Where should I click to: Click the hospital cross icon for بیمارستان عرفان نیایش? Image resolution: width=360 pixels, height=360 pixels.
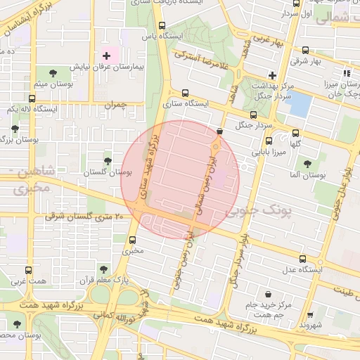point(106,56)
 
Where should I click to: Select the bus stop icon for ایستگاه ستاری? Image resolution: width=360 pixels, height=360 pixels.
point(185,93)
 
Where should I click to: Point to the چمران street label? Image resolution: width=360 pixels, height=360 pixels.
point(113,105)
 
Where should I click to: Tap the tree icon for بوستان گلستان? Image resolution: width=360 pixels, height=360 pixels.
point(108,161)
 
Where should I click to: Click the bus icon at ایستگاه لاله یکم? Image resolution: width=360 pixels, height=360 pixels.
point(32,99)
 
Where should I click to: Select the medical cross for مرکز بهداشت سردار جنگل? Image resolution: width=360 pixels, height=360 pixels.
point(272,75)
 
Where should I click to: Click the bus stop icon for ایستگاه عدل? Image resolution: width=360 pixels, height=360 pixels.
point(303,259)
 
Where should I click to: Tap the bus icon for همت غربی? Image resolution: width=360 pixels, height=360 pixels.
point(28,270)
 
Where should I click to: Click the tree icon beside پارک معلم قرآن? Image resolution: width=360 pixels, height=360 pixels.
point(103,269)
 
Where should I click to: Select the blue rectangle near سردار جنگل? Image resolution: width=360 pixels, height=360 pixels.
point(298,105)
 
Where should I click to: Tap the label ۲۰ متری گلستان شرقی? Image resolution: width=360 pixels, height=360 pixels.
point(84,217)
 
